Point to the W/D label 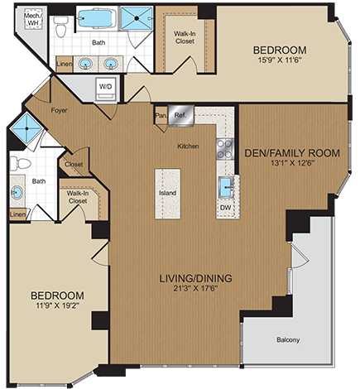pyautogui.click(x=107, y=85)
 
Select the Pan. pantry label pyautogui.click(x=161, y=117)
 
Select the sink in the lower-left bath pyautogui.click(x=17, y=193)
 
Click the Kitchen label pyautogui.click(x=189, y=147)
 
